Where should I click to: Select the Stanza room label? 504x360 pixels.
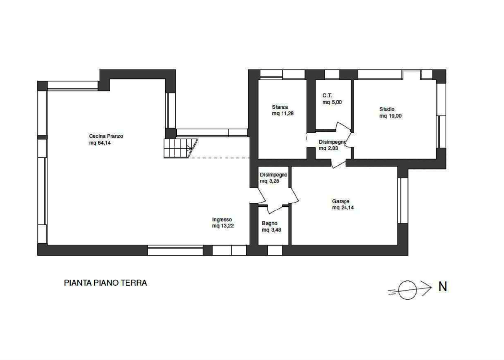click(x=280, y=107)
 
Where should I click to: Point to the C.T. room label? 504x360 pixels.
click(x=328, y=96)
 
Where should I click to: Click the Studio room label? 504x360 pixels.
click(x=387, y=109)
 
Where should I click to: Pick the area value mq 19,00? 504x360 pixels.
click(x=391, y=116)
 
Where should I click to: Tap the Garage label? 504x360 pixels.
click(x=341, y=201)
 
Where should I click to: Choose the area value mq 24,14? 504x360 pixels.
click(x=343, y=208)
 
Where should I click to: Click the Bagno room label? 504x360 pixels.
click(x=269, y=223)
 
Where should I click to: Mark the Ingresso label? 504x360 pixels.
click(x=222, y=220)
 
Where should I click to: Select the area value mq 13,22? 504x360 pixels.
click(x=223, y=226)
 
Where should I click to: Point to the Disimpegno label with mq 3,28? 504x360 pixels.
click(x=273, y=175)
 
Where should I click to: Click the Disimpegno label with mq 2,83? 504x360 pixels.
click(x=332, y=142)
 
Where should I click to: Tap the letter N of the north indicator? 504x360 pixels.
click(x=443, y=286)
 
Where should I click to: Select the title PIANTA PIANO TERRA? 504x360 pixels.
click(x=106, y=283)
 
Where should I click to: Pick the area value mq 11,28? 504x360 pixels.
click(x=283, y=113)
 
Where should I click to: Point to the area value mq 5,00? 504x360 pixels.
click(x=332, y=103)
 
